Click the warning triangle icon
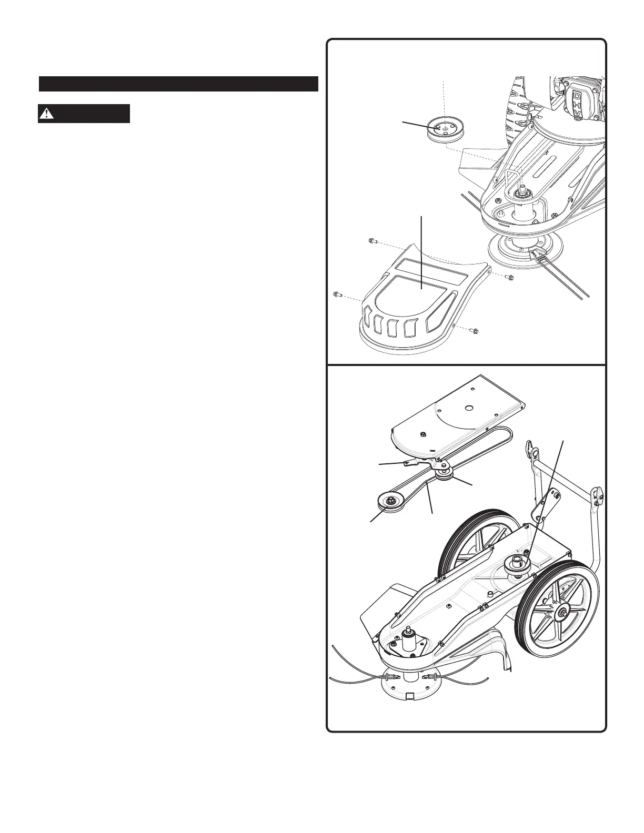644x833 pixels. click(x=48, y=114)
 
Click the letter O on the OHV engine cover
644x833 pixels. click(x=577, y=96)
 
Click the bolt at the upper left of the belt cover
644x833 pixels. click(x=370, y=241)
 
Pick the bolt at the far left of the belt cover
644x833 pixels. click(x=337, y=294)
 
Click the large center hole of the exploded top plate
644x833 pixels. click(x=467, y=408)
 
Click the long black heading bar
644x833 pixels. click(x=178, y=84)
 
